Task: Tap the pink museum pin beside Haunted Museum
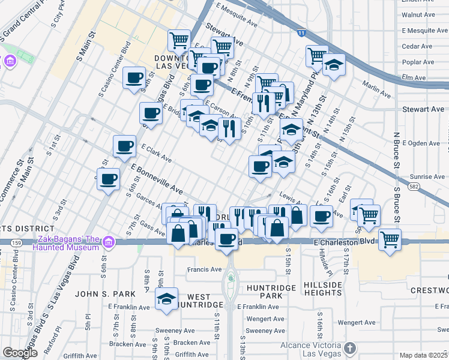point(108,242)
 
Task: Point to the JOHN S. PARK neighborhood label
point(100,294)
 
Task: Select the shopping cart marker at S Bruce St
point(390,239)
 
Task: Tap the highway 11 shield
point(300,33)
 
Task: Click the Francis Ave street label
point(204,269)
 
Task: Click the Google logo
point(20,353)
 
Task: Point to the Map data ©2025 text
point(423,355)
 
